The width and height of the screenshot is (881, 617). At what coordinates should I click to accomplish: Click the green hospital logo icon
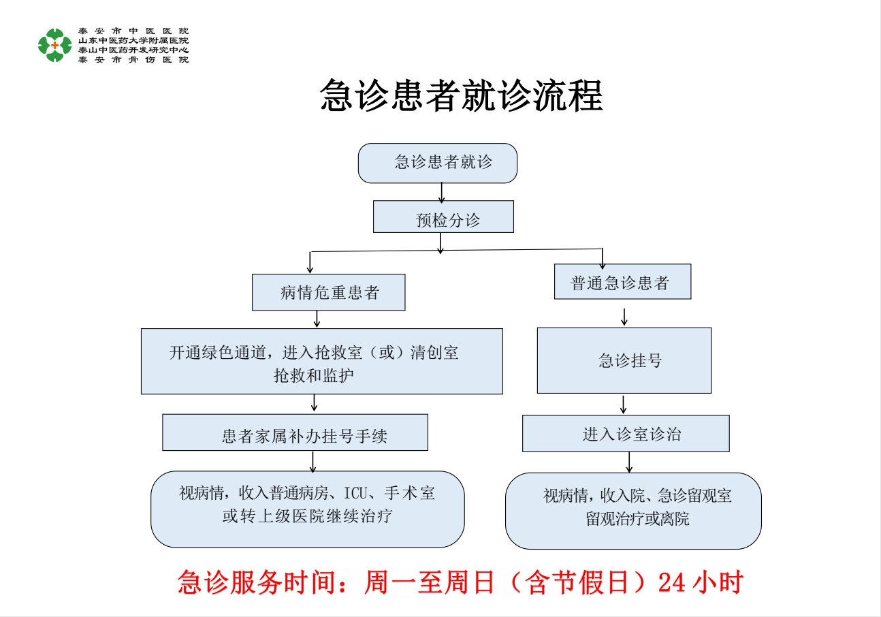54,45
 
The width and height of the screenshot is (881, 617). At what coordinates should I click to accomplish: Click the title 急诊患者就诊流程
462,96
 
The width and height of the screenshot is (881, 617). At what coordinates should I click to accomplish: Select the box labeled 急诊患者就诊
438,163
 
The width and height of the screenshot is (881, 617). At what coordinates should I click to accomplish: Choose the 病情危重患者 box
329,292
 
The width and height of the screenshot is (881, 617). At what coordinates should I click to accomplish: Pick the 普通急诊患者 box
622,281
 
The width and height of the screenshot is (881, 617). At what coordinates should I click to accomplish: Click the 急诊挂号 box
624,360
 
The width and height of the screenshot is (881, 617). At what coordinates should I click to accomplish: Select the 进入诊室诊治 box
626,433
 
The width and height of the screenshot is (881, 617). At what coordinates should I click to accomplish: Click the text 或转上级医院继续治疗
307,516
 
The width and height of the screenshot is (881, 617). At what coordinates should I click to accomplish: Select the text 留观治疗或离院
637,519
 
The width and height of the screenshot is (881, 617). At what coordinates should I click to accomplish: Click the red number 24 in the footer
672,583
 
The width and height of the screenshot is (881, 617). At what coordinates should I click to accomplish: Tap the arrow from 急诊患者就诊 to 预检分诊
442,192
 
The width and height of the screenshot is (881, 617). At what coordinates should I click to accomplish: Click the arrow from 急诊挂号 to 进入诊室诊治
623,404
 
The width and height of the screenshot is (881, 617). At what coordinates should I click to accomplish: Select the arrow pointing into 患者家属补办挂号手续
315,403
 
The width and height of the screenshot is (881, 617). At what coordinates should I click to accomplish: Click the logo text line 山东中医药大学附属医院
133,41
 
